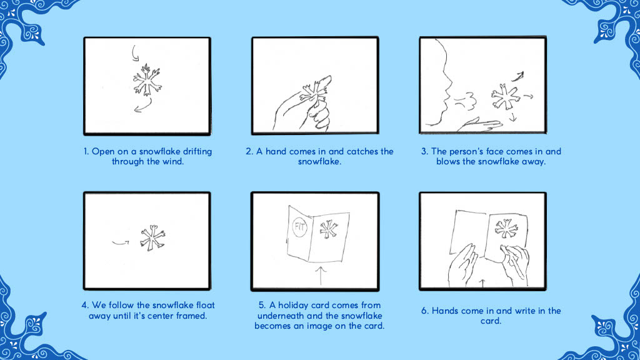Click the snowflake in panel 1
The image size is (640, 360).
(147, 80)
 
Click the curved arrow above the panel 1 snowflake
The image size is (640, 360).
(134, 53)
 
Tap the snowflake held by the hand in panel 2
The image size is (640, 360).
(314, 94)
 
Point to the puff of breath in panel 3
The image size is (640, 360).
(466, 101)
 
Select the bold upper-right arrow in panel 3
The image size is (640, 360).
(518, 76)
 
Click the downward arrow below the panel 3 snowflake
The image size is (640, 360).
(513, 117)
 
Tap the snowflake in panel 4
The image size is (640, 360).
(152, 238)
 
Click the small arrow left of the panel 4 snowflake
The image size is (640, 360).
(121, 243)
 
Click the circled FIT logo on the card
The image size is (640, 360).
(299, 227)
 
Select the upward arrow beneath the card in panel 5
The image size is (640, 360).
(321, 276)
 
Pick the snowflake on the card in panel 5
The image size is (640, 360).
(329, 229)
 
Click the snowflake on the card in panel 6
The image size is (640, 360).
(506, 228)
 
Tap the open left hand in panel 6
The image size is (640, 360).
(462, 265)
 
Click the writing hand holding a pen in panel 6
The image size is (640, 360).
(514, 264)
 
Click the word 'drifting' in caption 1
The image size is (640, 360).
(197, 151)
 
